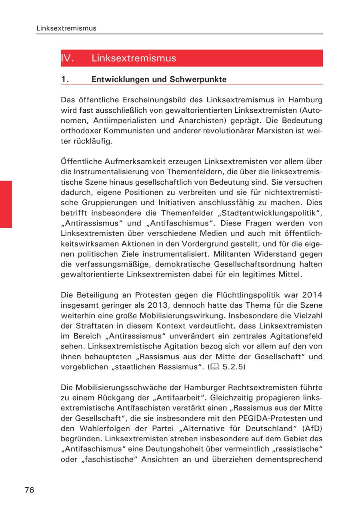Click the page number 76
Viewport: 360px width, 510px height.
click(29, 490)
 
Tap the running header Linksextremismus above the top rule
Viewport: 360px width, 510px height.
click(66, 29)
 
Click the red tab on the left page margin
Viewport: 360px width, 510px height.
click(6, 204)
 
